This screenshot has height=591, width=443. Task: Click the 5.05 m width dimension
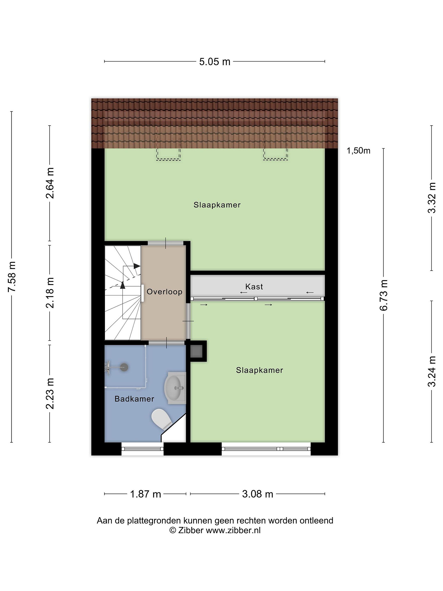coord(215,62)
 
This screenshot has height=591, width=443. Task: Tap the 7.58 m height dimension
coord(12,277)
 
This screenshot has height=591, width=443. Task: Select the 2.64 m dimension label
coord(50,183)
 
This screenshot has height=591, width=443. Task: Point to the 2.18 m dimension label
coord(50,293)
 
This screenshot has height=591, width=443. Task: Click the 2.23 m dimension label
coord(50,394)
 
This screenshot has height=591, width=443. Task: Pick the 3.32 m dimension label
coord(432,198)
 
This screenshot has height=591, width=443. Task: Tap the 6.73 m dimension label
coord(384,295)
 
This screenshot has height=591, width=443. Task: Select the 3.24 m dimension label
coord(432,371)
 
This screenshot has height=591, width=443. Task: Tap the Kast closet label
coord(254,287)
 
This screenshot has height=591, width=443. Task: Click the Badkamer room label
coord(134,399)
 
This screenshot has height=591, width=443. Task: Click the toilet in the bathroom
coord(162,419)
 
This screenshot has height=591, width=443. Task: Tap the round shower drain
coord(124,367)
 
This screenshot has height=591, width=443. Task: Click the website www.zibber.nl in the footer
coord(233,530)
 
